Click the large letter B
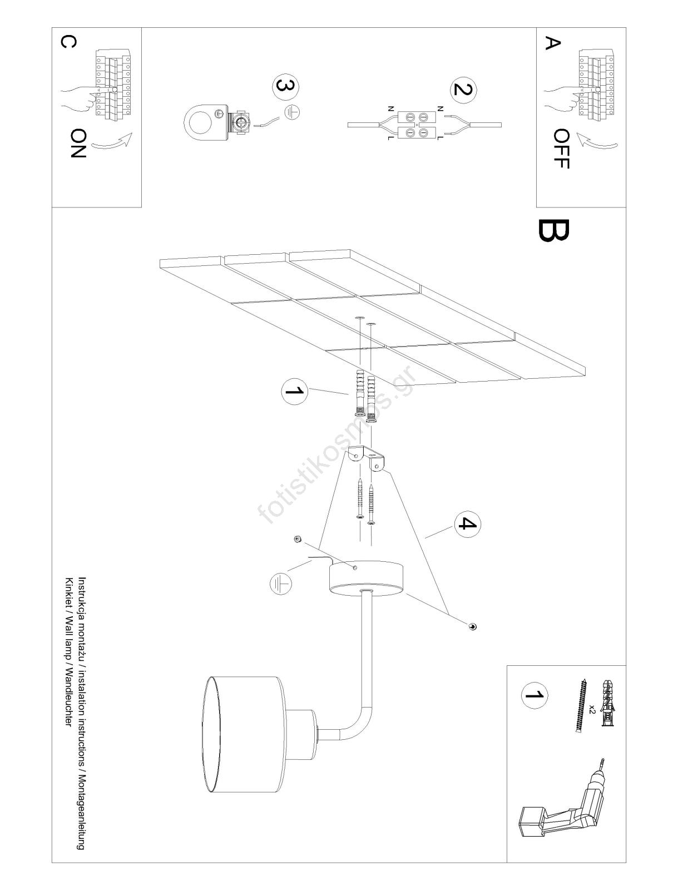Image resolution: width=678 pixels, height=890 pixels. (553, 230)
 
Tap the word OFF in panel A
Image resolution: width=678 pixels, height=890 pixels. (562, 149)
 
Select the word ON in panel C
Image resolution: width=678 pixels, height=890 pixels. (78, 143)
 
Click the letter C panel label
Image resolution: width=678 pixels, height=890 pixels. (68, 42)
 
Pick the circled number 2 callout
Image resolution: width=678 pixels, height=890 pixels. (463, 90)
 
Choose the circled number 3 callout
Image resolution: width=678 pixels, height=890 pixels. (286, 87)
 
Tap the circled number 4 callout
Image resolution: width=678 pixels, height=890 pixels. (467, 525)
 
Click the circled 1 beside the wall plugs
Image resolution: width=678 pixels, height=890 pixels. (295, 391)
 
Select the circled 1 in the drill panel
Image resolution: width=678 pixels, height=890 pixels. (535, 695)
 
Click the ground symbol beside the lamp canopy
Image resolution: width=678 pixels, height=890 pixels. (280, 584)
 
